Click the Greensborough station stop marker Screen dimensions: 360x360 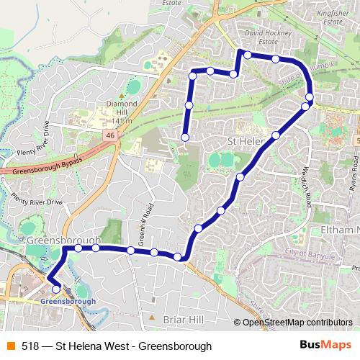click(x=56, y=289)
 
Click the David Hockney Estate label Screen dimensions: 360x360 click(x=260, y=37)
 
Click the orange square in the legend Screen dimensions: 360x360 click(x=10, y=346)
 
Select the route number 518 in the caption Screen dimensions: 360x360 click(x=30, y=346)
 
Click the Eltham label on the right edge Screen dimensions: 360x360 click(x=342, y=230)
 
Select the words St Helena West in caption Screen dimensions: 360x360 click(x=91, y=346)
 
